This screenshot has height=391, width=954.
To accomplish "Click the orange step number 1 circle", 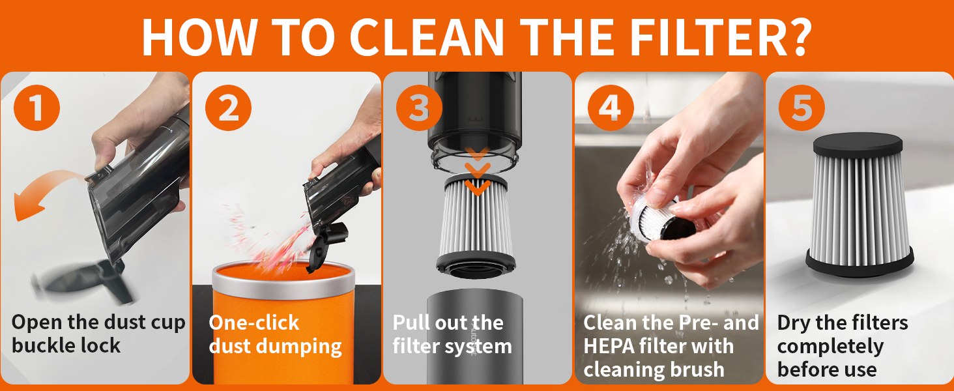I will click(36, 108).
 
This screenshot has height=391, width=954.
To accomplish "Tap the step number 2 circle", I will click(228, 108).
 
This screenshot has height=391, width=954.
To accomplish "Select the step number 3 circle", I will click(418, 108).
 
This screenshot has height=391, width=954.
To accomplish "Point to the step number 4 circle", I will click(610, 108).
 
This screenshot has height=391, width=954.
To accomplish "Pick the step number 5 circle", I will click(801, 108).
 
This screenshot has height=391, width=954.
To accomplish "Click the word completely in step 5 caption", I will click(830, 346).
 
